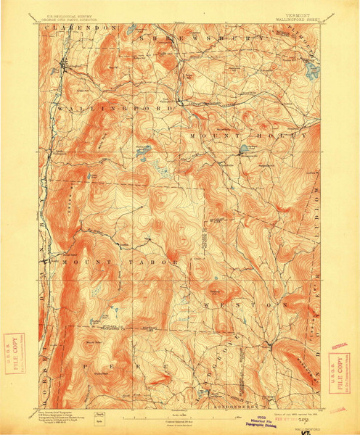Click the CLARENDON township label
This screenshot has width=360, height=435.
coord(80,27)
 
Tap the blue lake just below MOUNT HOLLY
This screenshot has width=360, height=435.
coord(242,150)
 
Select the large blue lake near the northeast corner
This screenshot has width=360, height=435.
coord(312,71)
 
